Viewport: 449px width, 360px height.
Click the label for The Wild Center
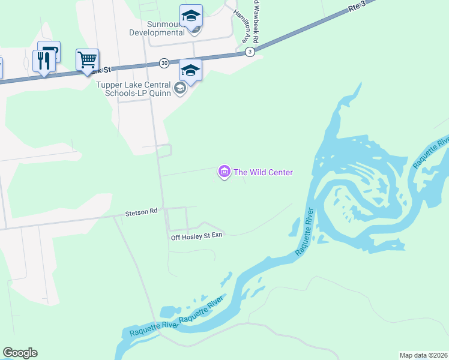point(263,173)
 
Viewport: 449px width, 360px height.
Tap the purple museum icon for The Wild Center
point(224,173)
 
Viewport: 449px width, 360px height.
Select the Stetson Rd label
point(141,212)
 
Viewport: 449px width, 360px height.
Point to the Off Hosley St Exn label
point(197,235)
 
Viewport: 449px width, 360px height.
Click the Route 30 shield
point(164,62)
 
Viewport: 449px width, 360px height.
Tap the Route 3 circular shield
point(250,52)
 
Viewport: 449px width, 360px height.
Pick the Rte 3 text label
point(356,8)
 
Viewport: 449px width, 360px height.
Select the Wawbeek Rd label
point(255,21)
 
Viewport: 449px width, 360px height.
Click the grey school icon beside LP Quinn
point(179,89)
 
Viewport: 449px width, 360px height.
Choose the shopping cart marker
point(87,60)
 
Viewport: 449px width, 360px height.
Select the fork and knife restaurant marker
point(43,61)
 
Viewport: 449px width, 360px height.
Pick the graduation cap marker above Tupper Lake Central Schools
point(191,70)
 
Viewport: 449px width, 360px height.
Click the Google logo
point(20,353)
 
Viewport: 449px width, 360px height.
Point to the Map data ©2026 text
point(423,355)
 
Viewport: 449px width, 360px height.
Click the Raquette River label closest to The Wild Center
point(305,233)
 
